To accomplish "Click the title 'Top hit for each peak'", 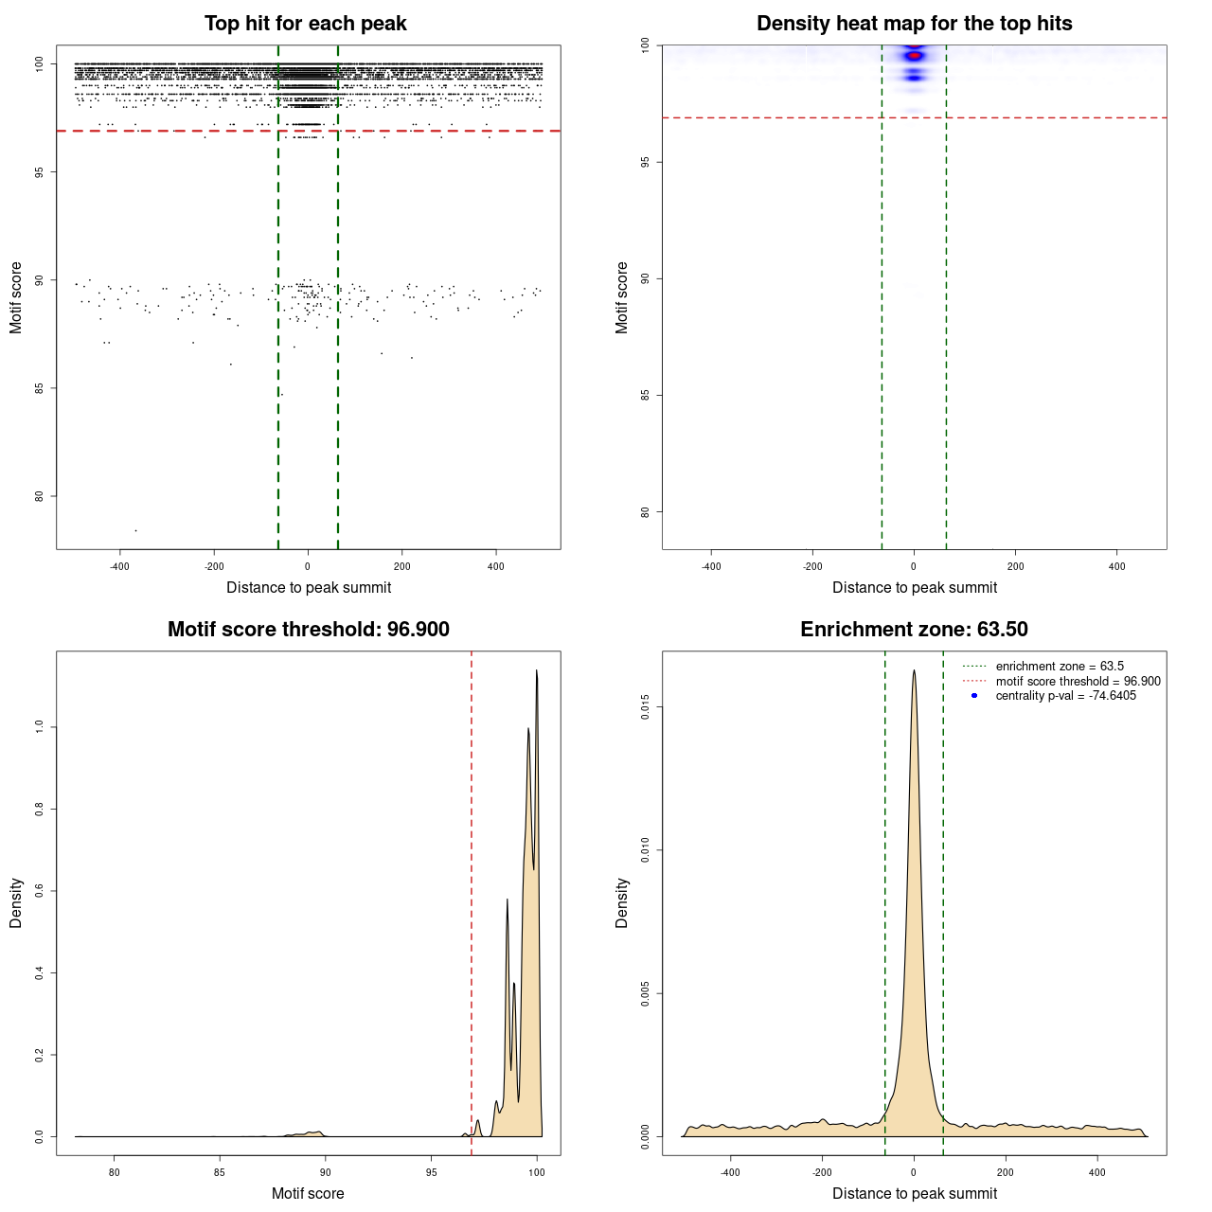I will [305, 24].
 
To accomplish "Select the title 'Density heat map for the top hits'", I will [914, 24].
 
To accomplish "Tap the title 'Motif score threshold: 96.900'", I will [308, 630].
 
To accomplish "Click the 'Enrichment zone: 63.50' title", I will [914, 630].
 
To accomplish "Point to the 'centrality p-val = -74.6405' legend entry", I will [1065, 696].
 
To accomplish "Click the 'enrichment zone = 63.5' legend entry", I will [1060, 667].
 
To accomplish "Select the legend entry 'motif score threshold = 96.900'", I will [1078, 682].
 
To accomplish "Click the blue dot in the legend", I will [974, 696].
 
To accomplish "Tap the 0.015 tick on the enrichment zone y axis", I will [646, 707].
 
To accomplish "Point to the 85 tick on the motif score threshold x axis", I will [220, 1172].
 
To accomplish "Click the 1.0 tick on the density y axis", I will [40, 726].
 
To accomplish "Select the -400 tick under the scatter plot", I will [119, 566].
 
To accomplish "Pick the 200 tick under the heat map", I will [1015, 566].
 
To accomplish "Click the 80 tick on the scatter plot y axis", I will [40, 496].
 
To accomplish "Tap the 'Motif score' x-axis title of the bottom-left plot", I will [308, 1193].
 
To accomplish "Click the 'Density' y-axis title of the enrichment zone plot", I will [622, 902].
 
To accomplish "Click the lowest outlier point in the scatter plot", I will [135, 530].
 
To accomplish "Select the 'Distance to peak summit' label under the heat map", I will [914, 587].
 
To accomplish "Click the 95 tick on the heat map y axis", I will [646, 162].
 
